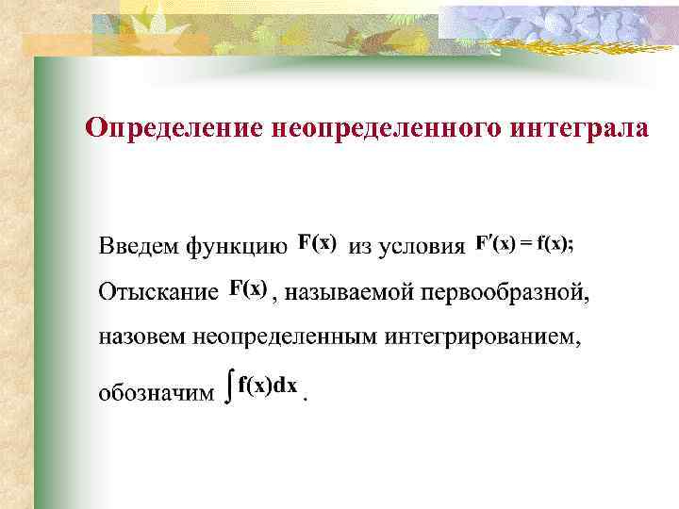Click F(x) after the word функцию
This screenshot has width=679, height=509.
(x=318, y=242)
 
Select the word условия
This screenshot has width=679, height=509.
(x=421, y=248)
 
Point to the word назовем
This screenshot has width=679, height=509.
(x=142, y=338)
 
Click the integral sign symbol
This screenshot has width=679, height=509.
(x=229, y=387)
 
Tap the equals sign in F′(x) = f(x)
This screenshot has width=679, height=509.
(x=526, y=243)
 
